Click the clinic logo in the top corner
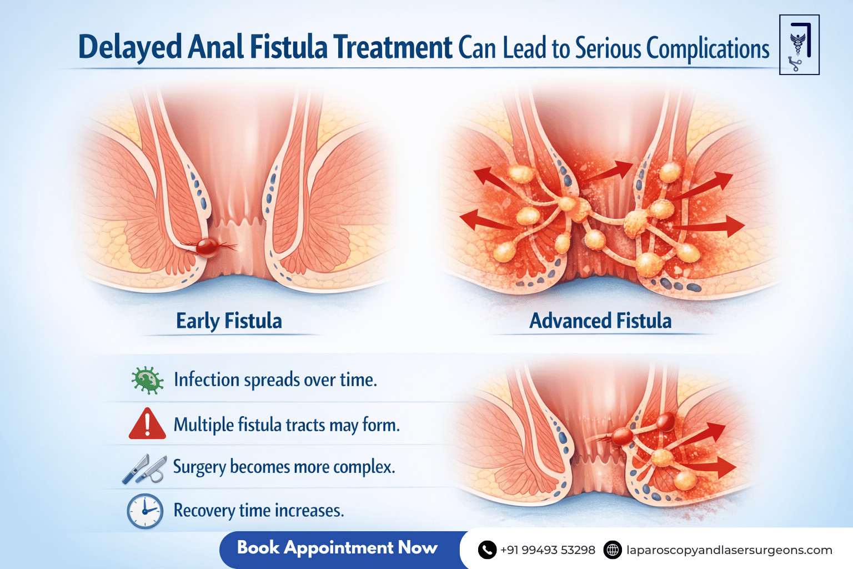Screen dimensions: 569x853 [799, 45]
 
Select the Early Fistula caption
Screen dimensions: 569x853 [229, 321]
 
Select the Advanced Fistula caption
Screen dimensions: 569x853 [600, 321]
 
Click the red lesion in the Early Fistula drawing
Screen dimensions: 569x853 [207, 246]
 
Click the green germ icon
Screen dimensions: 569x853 [147, 381]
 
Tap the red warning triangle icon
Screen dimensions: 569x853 [147, 424]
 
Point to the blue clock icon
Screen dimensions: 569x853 [145, 511]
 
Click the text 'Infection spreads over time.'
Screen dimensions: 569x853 [275, 380]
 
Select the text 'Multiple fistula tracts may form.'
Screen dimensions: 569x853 [287, 425]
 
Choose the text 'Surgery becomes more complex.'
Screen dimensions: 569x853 [284, 467]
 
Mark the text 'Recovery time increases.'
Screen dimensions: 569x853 [259, 510]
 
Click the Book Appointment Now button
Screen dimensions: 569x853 [338, 548]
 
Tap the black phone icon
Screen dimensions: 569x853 [487, 550]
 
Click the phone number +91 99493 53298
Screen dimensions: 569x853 [548, 550]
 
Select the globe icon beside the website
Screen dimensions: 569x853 [613, 550]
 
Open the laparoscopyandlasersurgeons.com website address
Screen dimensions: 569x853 [729, 550]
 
